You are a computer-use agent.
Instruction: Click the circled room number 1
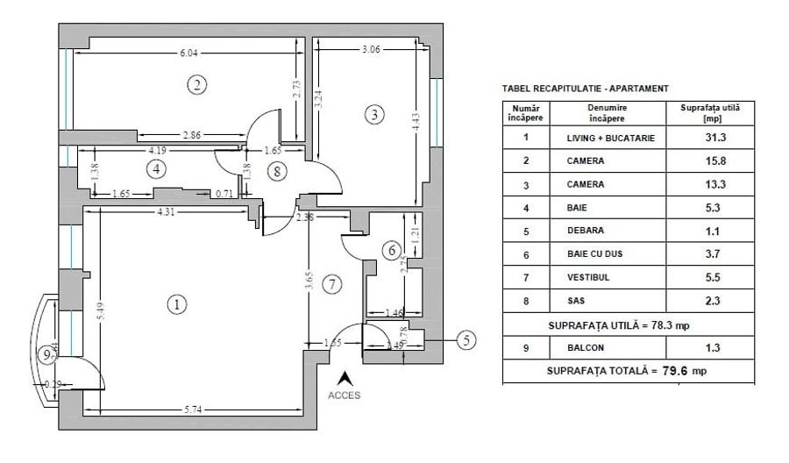177,304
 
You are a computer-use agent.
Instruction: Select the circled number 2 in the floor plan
197,84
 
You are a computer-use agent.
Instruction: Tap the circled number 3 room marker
373,114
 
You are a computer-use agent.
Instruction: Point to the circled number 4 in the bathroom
155,168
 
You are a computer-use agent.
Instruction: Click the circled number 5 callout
468,339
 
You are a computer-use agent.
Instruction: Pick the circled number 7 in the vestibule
331,284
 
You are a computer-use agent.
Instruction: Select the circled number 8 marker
278,171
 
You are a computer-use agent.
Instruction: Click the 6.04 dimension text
188,53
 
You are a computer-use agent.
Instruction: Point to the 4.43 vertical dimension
415,122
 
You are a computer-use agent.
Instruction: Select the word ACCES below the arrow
345,395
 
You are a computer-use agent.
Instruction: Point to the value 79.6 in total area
676,371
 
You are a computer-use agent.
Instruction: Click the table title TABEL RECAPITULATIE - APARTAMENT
585,89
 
